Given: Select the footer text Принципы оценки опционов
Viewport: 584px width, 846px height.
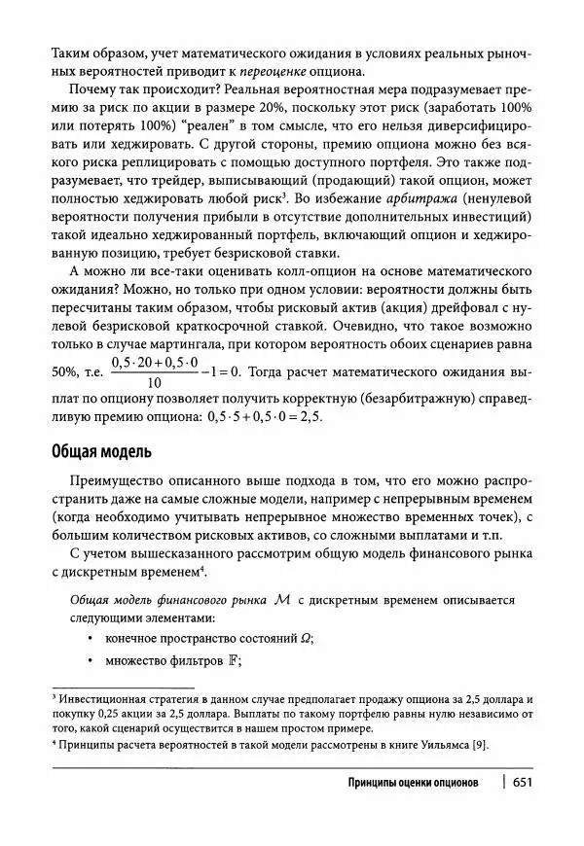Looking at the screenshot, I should click(412, 782).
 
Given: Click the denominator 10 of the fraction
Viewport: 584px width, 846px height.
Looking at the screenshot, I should click(154, 383).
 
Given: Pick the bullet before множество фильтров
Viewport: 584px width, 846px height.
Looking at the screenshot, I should click(90, 661).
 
